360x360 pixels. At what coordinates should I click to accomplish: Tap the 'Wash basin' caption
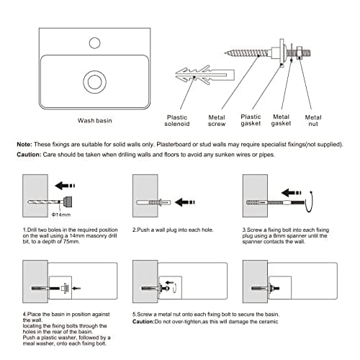(x=95, y=120)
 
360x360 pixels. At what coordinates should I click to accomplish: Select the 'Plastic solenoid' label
(x=177, y=121)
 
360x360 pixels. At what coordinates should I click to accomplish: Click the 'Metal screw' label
(x=217, y=121)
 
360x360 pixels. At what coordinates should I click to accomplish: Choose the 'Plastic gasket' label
(x=251, y=120)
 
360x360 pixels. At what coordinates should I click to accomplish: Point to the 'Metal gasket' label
(x=281, y=120)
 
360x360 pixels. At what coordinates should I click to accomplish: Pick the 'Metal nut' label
(x=313, y=121)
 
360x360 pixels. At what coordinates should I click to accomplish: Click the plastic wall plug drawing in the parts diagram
(x=204, y=75)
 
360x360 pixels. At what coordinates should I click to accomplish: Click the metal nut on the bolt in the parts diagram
(x=300, y=53)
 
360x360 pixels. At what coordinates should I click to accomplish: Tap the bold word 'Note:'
(x=24, y=145)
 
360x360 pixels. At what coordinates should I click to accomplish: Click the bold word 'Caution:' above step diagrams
(x=29, y=155)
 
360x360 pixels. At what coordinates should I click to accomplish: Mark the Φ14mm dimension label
(x=61, y=215)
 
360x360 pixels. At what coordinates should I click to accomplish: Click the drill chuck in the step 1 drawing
(x=67, y=202)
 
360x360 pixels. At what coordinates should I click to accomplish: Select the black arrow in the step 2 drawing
(x=185, y=202)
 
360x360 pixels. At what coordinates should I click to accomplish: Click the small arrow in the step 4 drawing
(x=76, y=288)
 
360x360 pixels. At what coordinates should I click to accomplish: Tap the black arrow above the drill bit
(x=65, y=186)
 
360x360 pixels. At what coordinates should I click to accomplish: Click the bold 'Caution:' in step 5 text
(x=143, y=322)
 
